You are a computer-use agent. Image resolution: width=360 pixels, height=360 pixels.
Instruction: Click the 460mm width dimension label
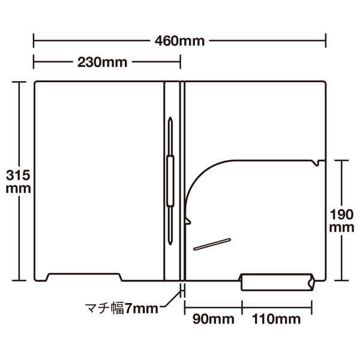pyautogui.click(x=179, y=41)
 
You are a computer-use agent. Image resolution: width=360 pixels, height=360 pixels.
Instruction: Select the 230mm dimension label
pyautogui.click(x=103, y=62)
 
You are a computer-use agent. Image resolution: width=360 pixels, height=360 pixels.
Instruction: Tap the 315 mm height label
pyautogui.click(x=18, y=182)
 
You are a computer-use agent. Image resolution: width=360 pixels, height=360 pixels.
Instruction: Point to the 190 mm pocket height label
pyautogui.click(x=341, y=221)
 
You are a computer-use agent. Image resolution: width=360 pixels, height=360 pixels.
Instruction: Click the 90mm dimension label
pyautogui.click(x=213, y=319)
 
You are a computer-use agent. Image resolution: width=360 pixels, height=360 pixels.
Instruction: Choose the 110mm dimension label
pyautogui.click(x=276, y=319)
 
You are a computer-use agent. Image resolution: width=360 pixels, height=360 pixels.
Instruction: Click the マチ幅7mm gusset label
pyautogui.click(x=122, y=308)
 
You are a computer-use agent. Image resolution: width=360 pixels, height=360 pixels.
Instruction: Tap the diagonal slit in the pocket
pyautogui.click(x=212, y=244)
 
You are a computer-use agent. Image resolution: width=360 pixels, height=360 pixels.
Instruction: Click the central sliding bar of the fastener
pyautogui.click(x=170, y=181)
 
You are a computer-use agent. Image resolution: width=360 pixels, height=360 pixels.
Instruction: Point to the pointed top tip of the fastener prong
pyautogui.click(x=170, y=118)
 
